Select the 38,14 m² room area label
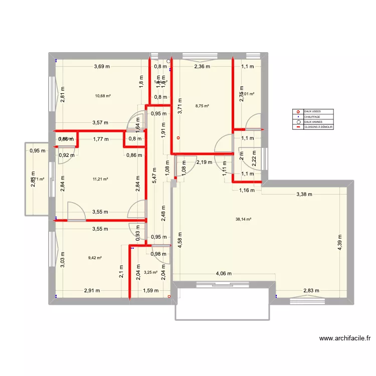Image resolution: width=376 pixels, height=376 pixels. point(244,219)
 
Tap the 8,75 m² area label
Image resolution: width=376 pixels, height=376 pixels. point(202,106)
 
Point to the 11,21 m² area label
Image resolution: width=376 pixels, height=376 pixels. point(100,178)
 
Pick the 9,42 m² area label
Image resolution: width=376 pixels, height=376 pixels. point(95,258)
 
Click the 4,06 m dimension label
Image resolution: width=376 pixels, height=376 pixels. point(224,274)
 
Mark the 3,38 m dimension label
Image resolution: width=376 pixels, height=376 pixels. point(304,195)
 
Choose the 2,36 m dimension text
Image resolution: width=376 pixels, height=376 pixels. point(202,67)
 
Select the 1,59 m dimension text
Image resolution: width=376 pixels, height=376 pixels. point(151,290)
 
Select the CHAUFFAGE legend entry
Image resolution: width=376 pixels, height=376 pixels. point(312,116)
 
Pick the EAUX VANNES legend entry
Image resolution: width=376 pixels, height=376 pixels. point(313,122)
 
